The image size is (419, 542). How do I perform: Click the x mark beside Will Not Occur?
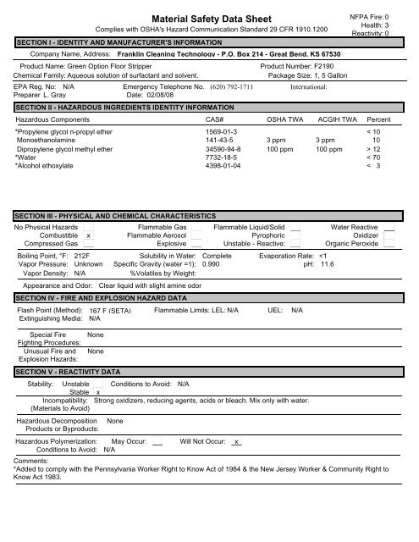tap(238, 442)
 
